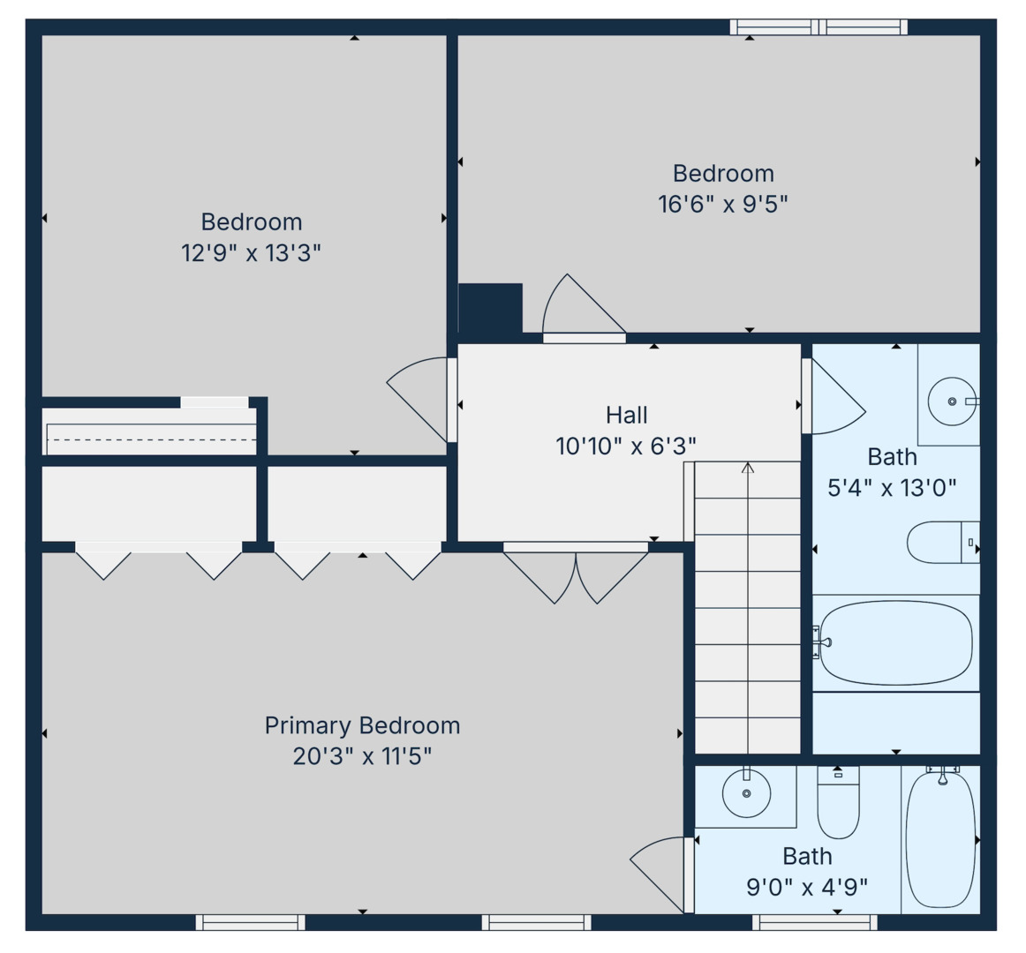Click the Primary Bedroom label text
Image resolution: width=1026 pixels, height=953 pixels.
pos(362,725)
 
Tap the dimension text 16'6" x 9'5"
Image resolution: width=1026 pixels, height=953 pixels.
pos(722,204)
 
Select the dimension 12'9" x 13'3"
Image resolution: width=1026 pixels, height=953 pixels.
pos(251,253)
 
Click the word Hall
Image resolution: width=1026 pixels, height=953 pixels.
pos(626,415)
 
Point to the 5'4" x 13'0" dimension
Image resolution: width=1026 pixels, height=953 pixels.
pos(892,487)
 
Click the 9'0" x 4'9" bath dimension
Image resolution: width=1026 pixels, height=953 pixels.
pos(807,886)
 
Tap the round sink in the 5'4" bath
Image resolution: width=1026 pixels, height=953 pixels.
pos(952,401)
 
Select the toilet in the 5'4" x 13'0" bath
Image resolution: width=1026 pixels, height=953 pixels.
pos(941,542)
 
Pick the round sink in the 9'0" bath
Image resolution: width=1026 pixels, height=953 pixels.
pos(746,792)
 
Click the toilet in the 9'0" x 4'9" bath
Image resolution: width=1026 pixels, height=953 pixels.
pos(838,803)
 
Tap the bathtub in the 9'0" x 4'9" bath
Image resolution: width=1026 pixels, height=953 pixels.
pos(941,838)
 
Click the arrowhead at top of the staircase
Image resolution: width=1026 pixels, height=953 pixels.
pos(748,468)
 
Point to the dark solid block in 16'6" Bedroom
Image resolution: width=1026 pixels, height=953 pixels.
pos(490,308)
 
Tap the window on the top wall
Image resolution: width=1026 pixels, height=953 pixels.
pos(819,27)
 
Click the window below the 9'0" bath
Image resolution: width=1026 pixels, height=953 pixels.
pos(814,922)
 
